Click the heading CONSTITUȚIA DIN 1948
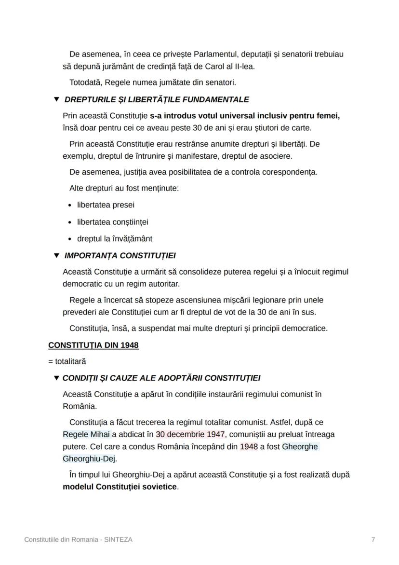(93, 345)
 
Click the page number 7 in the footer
(373, 539)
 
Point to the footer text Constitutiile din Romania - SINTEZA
(79, 539)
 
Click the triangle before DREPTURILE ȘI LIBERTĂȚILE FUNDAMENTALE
(56, 99)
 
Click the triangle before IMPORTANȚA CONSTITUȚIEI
(56, 255)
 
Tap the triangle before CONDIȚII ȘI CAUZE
(56, 378)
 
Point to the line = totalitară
(67, 361)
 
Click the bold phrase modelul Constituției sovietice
(120, 486)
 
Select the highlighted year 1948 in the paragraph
(249, 446)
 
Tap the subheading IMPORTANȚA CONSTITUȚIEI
(120, 255)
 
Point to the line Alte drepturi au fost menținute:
(124, 188)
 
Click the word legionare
(277, 300)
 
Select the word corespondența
(289, 172)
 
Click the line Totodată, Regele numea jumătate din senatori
(152, 83)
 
